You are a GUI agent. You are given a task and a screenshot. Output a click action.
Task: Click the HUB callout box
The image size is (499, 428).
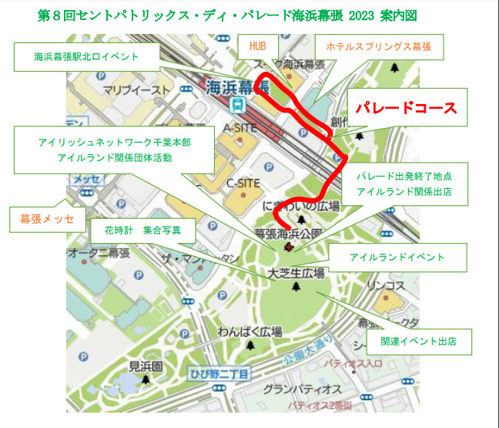[x=256, y=46]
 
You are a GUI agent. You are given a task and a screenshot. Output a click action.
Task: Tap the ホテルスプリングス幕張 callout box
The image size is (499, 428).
[x=378, y=46]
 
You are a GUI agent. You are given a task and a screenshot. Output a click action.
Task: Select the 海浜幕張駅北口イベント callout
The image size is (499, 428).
[x=85, y=56]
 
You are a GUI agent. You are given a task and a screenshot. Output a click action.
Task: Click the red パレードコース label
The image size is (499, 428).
[x=406, y=108]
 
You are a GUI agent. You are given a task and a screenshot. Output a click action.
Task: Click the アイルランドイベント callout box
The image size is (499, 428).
[x=397, y=257]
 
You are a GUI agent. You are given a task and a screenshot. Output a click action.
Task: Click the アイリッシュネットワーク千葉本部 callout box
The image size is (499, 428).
[x=115, y=150]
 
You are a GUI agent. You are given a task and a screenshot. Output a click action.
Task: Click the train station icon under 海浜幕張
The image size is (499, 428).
[x=239, y=103]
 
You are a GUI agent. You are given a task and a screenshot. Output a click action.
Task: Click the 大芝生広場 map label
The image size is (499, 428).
[x=296, y=274]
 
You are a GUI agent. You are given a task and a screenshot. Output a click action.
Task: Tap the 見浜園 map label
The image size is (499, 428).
[x=144, y=366]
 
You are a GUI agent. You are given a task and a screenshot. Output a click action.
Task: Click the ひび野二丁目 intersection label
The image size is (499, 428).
[x=219, y=375]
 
